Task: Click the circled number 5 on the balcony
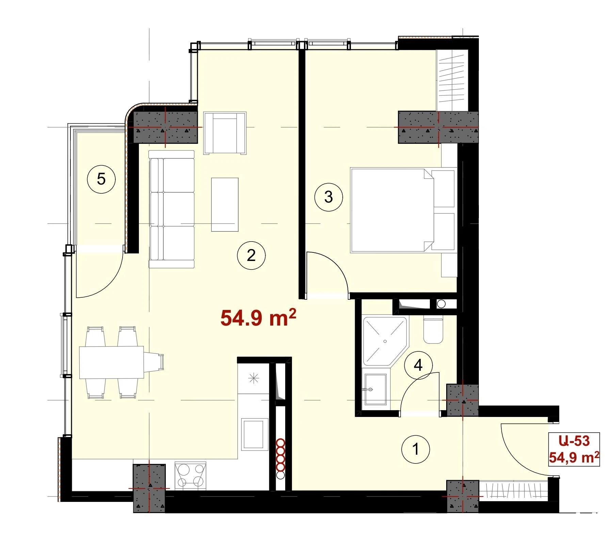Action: pos(101,179)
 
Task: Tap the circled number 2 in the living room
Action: pos(251,255)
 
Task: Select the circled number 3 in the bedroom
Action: pos(328,197)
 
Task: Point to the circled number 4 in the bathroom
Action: pos(418,366)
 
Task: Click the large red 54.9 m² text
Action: pos(258,317)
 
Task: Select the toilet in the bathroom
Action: pos(433,330)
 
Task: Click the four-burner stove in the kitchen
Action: pos(191,475)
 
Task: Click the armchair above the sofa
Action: pos(225,133)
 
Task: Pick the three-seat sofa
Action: pos(172,209)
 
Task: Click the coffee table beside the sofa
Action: pos(225,205)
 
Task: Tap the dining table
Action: pos(111,362)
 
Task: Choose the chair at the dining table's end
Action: pos(154,362)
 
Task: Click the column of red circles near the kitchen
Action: pos(280,459)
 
